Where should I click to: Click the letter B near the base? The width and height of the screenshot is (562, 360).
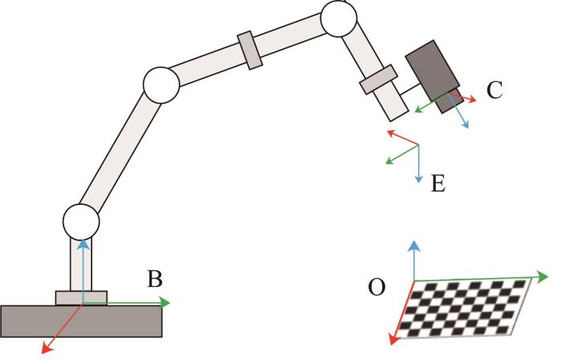tap(155, 280)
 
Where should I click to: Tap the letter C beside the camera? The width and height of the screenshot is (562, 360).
tap(495, 90)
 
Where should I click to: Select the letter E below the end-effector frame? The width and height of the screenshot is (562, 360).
tap(438, 183)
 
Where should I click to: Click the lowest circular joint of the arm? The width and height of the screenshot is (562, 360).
tap(80, 219)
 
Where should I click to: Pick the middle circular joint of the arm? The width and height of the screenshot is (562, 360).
tap(160, 84)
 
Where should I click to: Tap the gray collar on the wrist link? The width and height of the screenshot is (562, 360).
tap(378, 79)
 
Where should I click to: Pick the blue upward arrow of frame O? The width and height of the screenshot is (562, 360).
tap(413, 257)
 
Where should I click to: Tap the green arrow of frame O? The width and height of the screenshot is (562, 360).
tap(490, 278)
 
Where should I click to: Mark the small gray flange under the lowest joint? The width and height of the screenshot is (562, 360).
tap(80, 297)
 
